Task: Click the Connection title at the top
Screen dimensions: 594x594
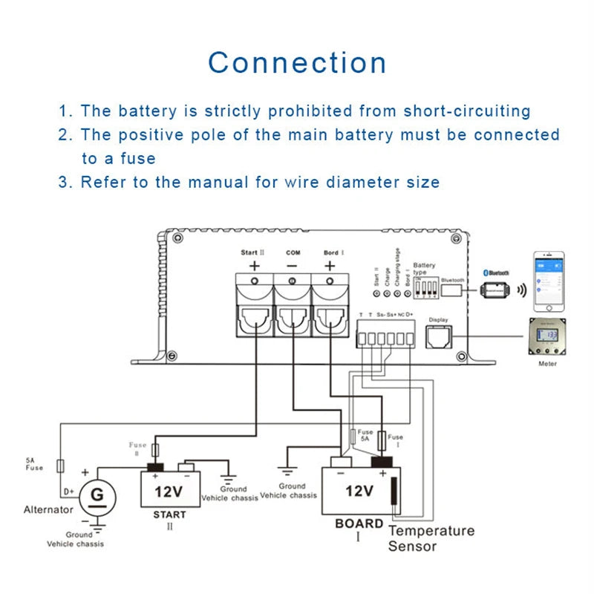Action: (297, 63)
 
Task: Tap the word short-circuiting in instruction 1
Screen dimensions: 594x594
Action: (467, 111)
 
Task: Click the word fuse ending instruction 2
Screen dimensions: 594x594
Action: (140, 158)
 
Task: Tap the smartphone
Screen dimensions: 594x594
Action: (549, 282)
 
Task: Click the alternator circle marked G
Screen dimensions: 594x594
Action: (95, 494)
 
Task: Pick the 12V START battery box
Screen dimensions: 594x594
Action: (169, 488)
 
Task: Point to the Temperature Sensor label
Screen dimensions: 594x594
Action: (431, 538)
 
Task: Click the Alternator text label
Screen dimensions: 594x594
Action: (49, 509)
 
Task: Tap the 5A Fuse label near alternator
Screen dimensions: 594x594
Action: (35, 464)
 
